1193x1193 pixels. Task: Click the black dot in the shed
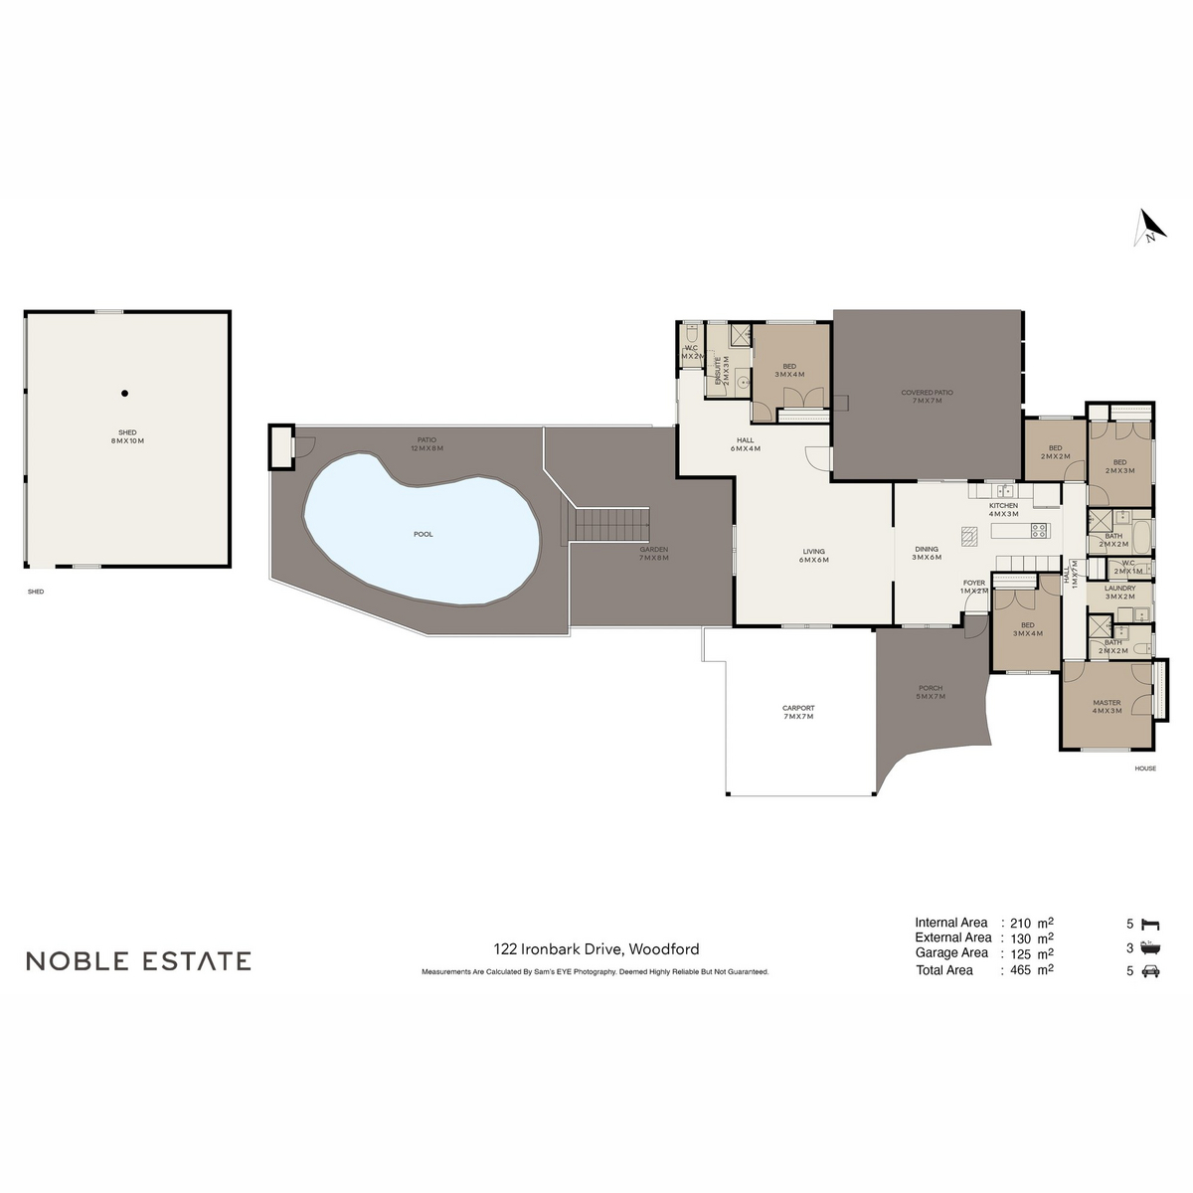coord(125,394)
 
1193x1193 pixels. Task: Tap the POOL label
coord(424,535)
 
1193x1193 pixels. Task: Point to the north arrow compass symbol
coord(1150,227)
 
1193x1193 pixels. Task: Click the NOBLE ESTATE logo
coord(138,961)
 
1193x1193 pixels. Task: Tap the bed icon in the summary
coord(1151,924)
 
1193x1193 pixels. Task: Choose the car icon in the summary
coord(1151,971)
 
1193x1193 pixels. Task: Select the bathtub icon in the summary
coord(1151,947)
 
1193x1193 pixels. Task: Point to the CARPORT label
coord(798,713)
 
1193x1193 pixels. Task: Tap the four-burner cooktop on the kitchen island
coord(1039,531)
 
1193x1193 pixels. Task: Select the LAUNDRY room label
coord(1119,593)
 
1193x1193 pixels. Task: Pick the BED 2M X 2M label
coord(1055,452)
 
